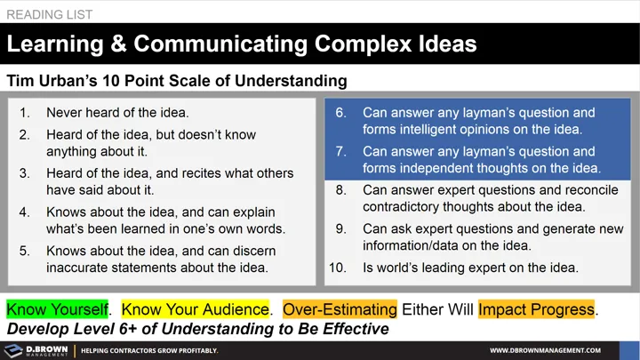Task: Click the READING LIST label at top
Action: click(x=50, y=14)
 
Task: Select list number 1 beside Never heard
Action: click(x=25, y=113)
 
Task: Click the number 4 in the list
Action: click(x=25, y=212)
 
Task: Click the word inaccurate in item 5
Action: click(x=82, y=267)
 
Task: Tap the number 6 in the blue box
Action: click(x=340, y=113)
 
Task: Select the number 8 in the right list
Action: click(x=340, y=190)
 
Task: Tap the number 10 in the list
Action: click(x=338, y=267)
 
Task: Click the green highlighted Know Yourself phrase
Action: click(x=57, y=309)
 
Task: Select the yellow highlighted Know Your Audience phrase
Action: click(x=195, y=309)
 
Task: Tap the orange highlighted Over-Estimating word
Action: click(x=340, y=309)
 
